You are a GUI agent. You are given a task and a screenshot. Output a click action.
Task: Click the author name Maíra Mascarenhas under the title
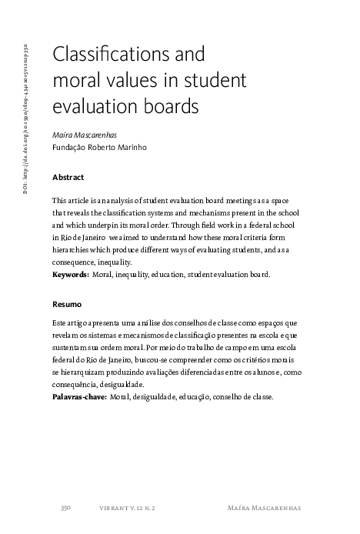coord(86,135)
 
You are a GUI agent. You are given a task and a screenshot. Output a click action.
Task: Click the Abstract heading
coord(68,177)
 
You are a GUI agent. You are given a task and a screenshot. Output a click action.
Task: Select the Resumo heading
coord(66,304)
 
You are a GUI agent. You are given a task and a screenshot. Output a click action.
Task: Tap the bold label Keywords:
coord(70,274)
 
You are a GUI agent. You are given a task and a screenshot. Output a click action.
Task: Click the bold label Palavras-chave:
coord(79,397)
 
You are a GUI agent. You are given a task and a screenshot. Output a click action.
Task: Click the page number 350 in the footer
coord(66,508)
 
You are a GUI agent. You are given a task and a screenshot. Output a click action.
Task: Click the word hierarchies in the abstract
coord(75,250)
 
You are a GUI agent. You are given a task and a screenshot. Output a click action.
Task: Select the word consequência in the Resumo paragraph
coord(80,385)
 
